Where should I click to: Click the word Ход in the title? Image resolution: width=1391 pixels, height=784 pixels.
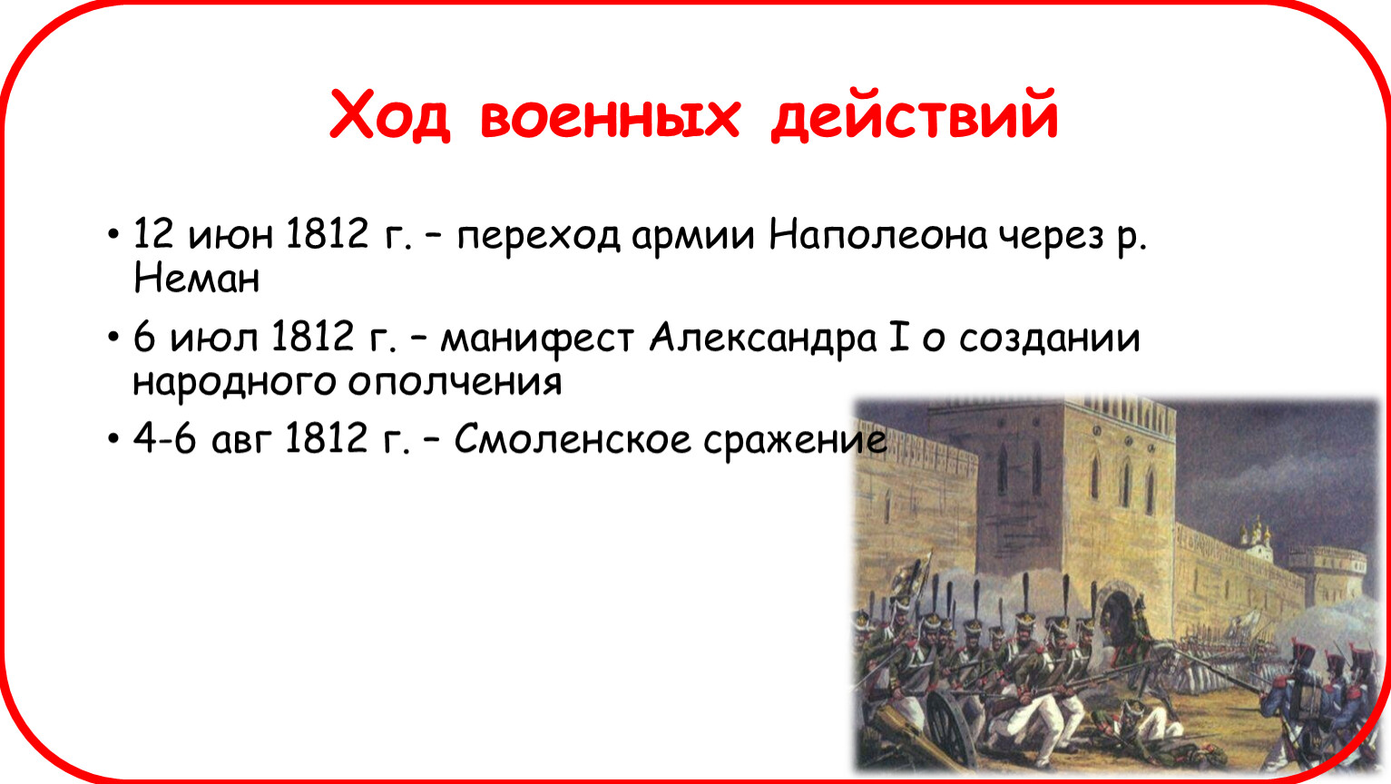[390, 115]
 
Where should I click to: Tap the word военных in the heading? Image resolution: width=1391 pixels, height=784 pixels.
[610, 118]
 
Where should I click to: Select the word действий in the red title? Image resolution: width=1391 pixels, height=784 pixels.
[914, 115]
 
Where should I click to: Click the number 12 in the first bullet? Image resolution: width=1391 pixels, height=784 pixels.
[152, 234]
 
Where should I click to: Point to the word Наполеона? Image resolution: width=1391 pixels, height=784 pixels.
[878, 235]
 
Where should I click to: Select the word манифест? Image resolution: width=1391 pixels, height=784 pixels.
[537, 340]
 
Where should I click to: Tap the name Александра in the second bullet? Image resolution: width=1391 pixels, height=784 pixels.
[763, 340]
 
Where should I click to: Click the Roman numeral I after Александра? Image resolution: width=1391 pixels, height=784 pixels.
[898, 338]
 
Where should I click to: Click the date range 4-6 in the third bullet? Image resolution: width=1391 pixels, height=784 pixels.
[164, 438]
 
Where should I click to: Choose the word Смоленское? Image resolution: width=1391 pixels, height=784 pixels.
[572, 438]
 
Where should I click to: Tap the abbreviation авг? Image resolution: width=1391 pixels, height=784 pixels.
[241, 443]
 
